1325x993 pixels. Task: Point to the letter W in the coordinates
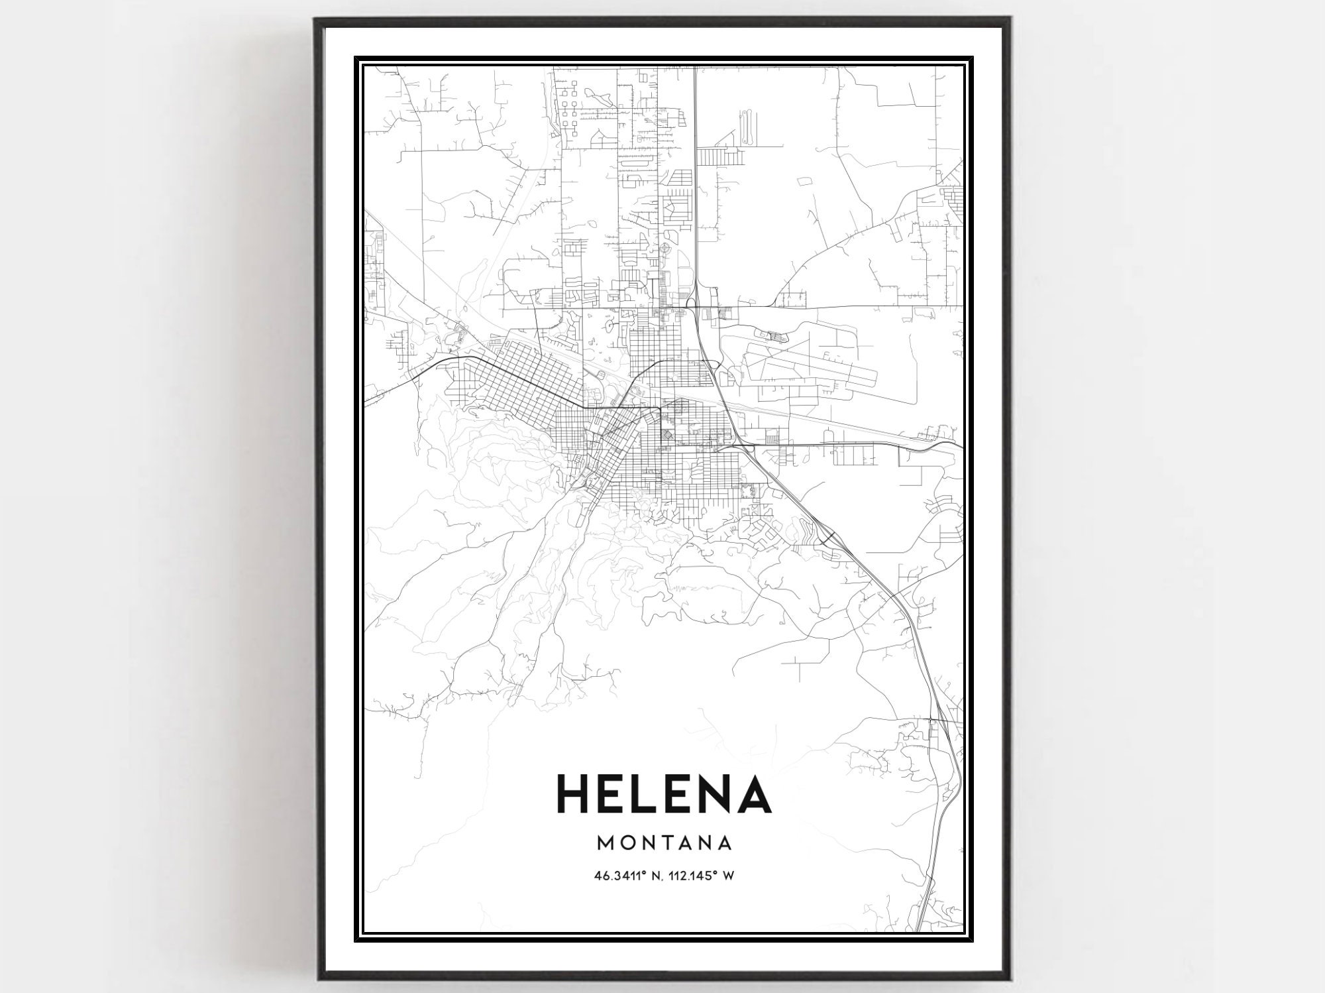(728, 876)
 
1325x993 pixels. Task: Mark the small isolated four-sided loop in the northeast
(806, 181)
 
